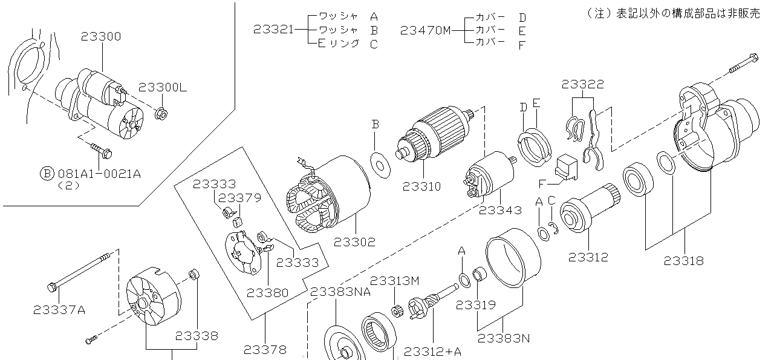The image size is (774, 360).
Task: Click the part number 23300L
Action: (x=163, y=87)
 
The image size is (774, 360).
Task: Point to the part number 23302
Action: (x=354, y=242)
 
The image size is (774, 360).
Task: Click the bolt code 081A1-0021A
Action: (x=99, y=174)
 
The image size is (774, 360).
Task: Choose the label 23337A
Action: (x=59, y=310)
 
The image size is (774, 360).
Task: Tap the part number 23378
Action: (x=265, y=349)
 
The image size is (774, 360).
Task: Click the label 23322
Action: (x=582, y=84)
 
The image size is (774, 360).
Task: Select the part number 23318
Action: (x=684, y=261)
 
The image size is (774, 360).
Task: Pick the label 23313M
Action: (x=394, y=281)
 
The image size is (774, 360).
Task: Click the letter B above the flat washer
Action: (x=375, y=124)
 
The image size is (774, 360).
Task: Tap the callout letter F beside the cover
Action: (x=542, y=182)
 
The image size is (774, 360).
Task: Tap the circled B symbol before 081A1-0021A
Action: (x=47, y=174)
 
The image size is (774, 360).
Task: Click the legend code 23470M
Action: (x=426, y=29)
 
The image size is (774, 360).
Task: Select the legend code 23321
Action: (x=274, y=29)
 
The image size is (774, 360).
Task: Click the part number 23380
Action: (x=267, y=293)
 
